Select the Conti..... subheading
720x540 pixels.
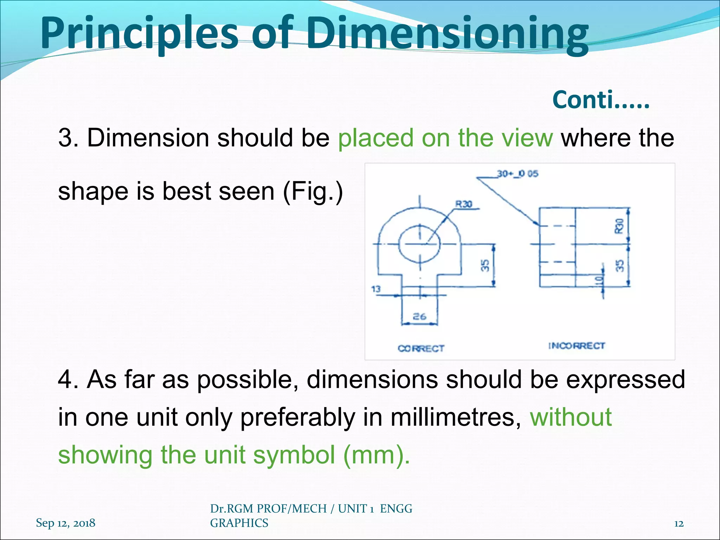[x=601, y=100]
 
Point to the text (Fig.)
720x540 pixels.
[x=313, y=192]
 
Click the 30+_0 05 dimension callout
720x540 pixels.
[x=517, y=174]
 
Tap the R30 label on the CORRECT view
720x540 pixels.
[x=464, y=204]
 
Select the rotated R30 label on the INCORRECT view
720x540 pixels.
[x=619, y=226]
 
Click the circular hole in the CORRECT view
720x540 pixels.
[x=419, y=243]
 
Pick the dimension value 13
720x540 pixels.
[x=376, y=289]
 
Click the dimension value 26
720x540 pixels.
[x=419, y=316]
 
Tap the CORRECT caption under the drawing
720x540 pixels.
[x=421, y=348]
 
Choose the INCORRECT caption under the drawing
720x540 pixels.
[x=577, y=346]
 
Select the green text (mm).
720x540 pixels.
[x=376, y=455]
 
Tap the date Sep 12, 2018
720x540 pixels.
[x=65, y=523]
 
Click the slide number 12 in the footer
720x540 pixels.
[x=679, y=524]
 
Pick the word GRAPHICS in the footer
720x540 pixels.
[x=239, y=523]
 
